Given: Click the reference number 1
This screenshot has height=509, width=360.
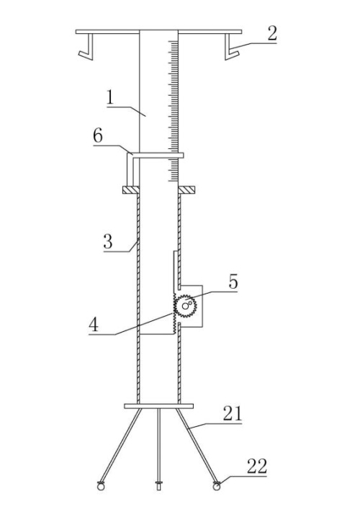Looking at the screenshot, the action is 110,97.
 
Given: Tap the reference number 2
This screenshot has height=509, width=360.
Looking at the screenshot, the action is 272,34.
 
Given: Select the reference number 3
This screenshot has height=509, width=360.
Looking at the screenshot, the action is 108,241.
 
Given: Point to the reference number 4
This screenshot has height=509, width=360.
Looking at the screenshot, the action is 94,324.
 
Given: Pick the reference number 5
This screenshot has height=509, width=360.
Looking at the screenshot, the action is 233,281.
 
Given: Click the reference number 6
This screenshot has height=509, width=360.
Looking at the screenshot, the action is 98,135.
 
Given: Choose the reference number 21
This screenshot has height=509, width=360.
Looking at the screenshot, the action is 233,414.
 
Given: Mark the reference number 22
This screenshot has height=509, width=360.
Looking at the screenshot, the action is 257,467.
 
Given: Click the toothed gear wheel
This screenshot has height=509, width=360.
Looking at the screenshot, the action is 185,306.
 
